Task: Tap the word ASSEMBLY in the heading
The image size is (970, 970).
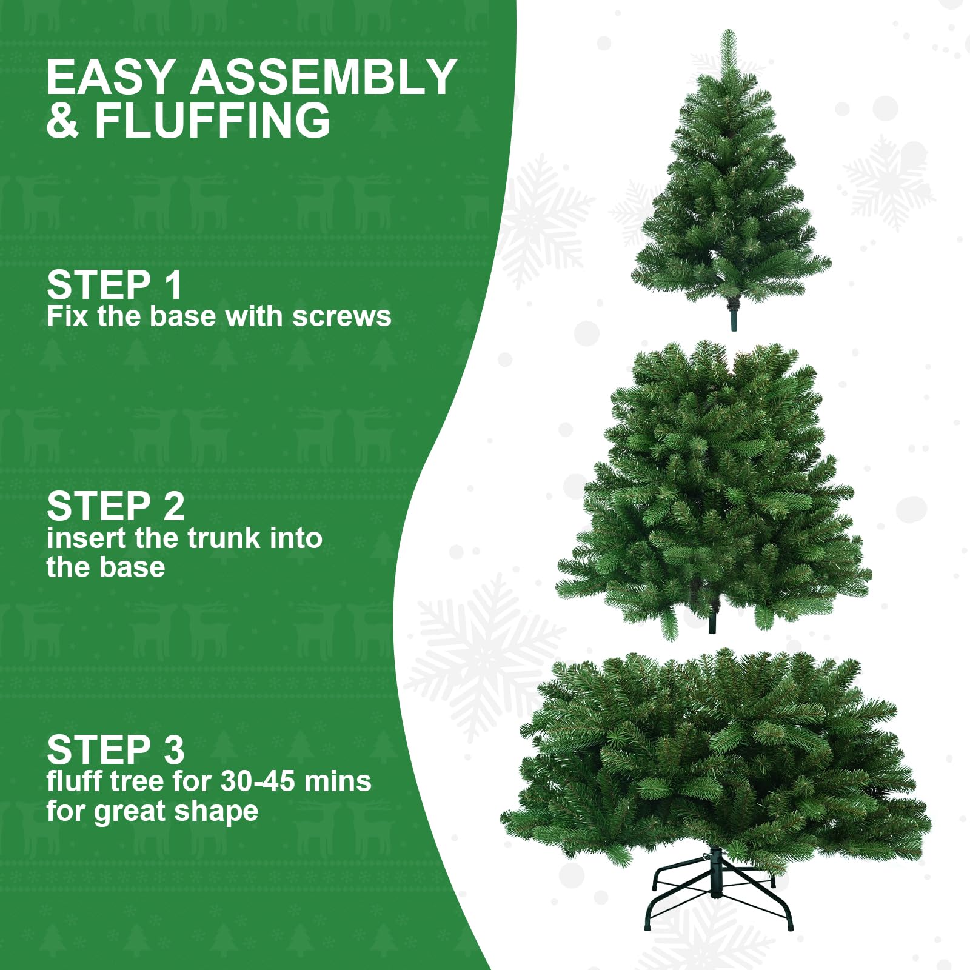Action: click(x=324, y=77)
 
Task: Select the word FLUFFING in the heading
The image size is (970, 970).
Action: click(x=212, y=120)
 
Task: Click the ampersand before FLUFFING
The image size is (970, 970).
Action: click(x=62, y=120)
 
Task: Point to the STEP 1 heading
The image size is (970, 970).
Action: click(x=115, y=285)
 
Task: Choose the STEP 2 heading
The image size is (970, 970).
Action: click(x=115, y=506)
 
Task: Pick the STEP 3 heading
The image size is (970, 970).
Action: click(x=115, y=750)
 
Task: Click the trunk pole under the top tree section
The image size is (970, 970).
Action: click(x=734, y=318)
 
